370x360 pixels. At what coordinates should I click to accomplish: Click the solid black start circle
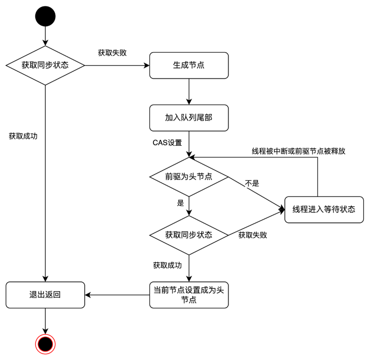(45, 16)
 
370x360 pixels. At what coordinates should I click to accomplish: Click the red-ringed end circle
(45, 344)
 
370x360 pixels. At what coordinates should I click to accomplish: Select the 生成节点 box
(188, 65)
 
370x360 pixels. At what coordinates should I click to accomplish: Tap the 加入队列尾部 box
(188, 118)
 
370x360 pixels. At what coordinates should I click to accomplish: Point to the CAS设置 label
(167, 143)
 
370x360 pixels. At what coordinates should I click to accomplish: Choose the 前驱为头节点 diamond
(188, 177)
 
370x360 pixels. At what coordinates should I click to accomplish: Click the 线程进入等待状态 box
(324, 209)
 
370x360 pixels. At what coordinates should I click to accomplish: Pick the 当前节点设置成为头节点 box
(188, 295)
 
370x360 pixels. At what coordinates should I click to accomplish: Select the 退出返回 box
(45, 295)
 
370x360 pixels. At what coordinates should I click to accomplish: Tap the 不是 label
(252, 183)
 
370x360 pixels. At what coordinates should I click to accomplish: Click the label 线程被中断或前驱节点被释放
(298, 151)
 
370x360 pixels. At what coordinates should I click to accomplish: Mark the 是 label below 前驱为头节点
(180, 203)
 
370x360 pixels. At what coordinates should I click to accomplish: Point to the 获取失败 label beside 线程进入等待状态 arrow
(252, 235)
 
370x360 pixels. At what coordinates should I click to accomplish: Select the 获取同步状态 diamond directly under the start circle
(45, 65)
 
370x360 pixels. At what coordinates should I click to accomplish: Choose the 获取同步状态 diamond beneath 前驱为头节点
(188, 235)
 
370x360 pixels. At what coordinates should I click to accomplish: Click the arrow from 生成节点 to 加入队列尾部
(188, 92)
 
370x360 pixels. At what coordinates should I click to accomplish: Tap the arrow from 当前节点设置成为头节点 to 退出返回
(118, 295)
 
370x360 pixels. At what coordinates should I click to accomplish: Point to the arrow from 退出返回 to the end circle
(45, 322)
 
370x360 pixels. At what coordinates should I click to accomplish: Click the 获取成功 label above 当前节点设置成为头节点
(168, 265)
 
